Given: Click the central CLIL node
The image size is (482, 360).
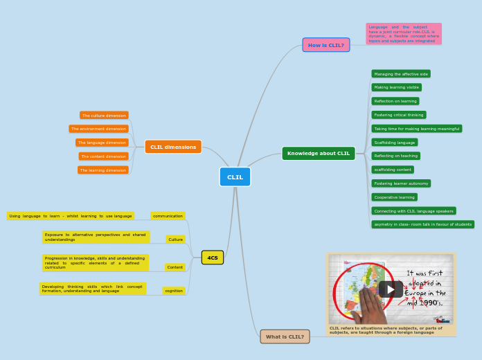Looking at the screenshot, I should pyautogui.click(x=235, y=177).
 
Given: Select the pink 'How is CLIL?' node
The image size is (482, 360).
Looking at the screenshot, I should pyautogui.click(x=325, y=45).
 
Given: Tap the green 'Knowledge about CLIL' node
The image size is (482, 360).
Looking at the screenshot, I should pyautogui.click(x=318, y=154).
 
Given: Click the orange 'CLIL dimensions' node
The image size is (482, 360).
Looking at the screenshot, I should pyautogui.click(x=173, y=147).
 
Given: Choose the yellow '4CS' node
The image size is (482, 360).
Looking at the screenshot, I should pyautogui.click(x=213, y=258).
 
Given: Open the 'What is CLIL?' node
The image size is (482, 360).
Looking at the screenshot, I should pyautogui.click(x=285, y=336).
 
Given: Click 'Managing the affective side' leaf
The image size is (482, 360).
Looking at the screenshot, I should pyautogui.click(x=400, y=74).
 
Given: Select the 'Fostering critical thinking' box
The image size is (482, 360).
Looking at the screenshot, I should pyautogui.click(x=398, y=115).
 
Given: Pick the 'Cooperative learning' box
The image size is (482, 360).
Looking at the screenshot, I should pyautogui.click(x=394, y=197).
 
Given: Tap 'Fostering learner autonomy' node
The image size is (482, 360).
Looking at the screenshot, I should pyautogui.click(x=400, y=183).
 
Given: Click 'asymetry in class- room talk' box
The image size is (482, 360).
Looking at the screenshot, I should pyautogui.click(x=422, y=224).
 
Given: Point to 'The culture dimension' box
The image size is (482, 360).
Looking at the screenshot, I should pyautogui.click(x=104, y=116).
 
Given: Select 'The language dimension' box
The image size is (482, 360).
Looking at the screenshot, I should pyautogui.click(x=102, y=143).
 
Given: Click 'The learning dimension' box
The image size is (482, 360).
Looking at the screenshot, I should pyautogui.click(x=102, y=170).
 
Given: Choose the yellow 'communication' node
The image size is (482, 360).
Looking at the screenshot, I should pyautogui.click(x=168, y=216).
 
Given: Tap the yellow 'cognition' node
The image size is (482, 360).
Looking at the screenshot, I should pyautogui.click(x=174, y=291).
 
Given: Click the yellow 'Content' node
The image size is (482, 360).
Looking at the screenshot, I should pyautogui.click(x=175, y=267).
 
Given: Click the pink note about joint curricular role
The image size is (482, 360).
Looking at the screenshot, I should pyautogui.click(x=403, y=34).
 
